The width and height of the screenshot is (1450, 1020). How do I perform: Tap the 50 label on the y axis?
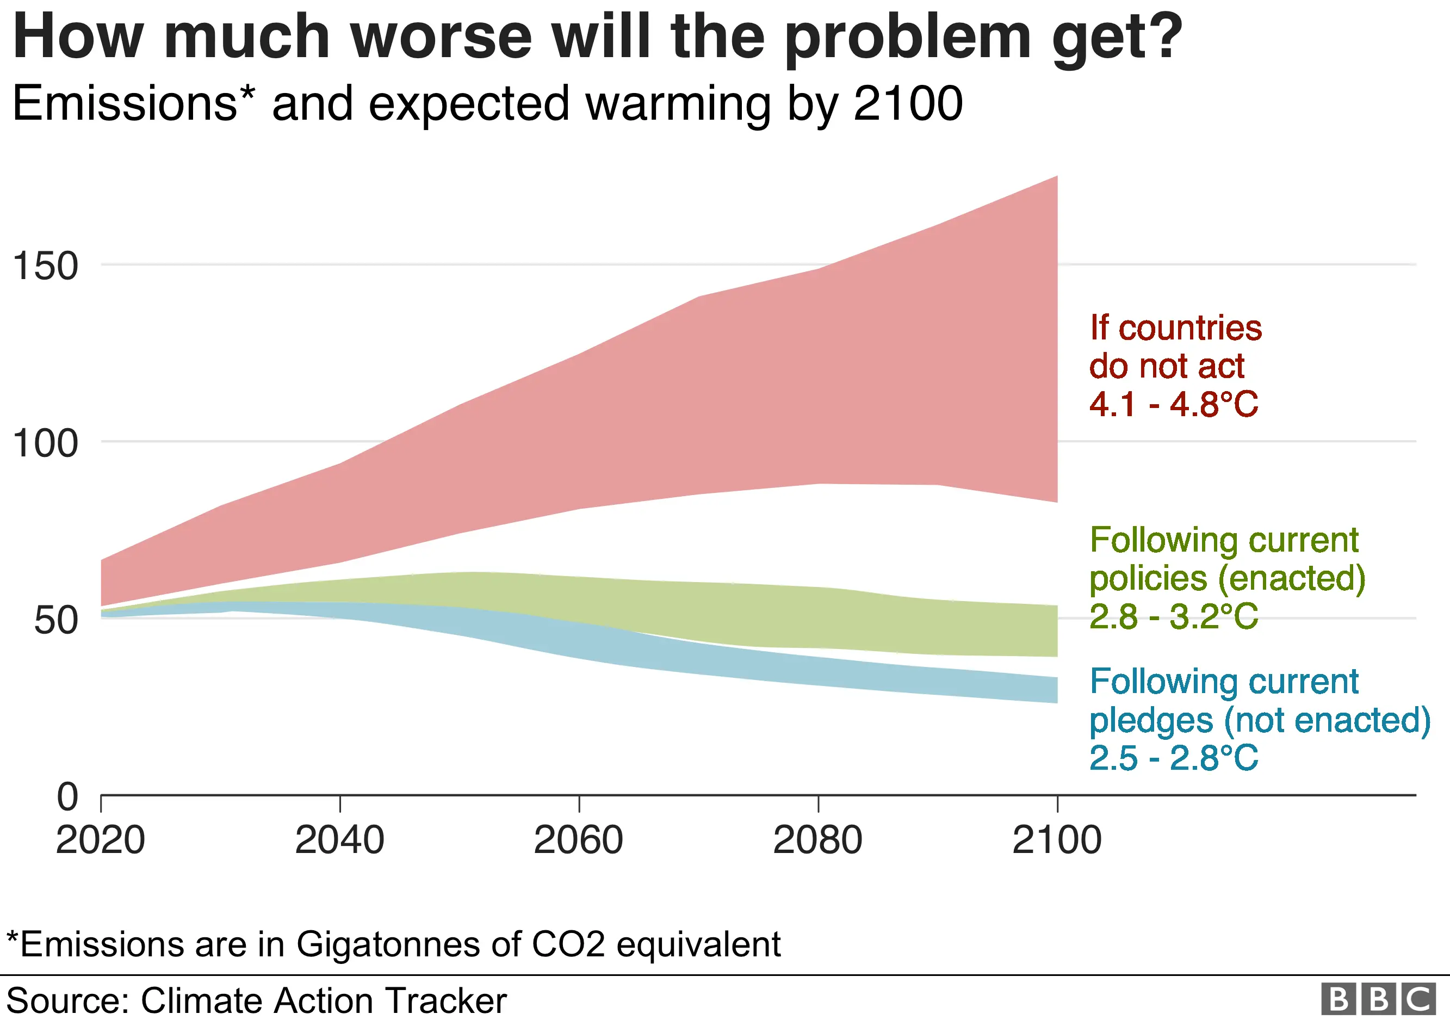pyautogui.click(x=55, y=620)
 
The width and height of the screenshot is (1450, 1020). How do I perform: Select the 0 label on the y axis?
pyautogui.click(x=67, y=797)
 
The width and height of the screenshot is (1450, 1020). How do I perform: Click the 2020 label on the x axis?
pyautogui.click(x=101, y=840)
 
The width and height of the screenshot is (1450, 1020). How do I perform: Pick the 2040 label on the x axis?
pyautogui.click(x=340, y=840)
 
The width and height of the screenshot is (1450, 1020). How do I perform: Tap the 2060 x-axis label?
pyautogui.click(x=579, y=840)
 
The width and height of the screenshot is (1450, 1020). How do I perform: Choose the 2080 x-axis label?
pyautogui.click(x=818, y=840)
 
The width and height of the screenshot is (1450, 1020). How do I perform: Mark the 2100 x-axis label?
pyautogui.click(x=1057, y=840)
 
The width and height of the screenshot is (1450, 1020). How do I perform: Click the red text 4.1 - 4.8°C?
pyautogui.click(x=1173, y=404)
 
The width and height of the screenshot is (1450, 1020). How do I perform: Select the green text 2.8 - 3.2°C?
pyautogui.click(x=1173, y=616)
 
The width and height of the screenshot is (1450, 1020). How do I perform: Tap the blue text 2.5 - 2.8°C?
pyautogui.click(x=1173, y=758)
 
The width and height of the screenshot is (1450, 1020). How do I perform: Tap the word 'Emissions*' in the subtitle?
pyautogui.click(x=133, y=103)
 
